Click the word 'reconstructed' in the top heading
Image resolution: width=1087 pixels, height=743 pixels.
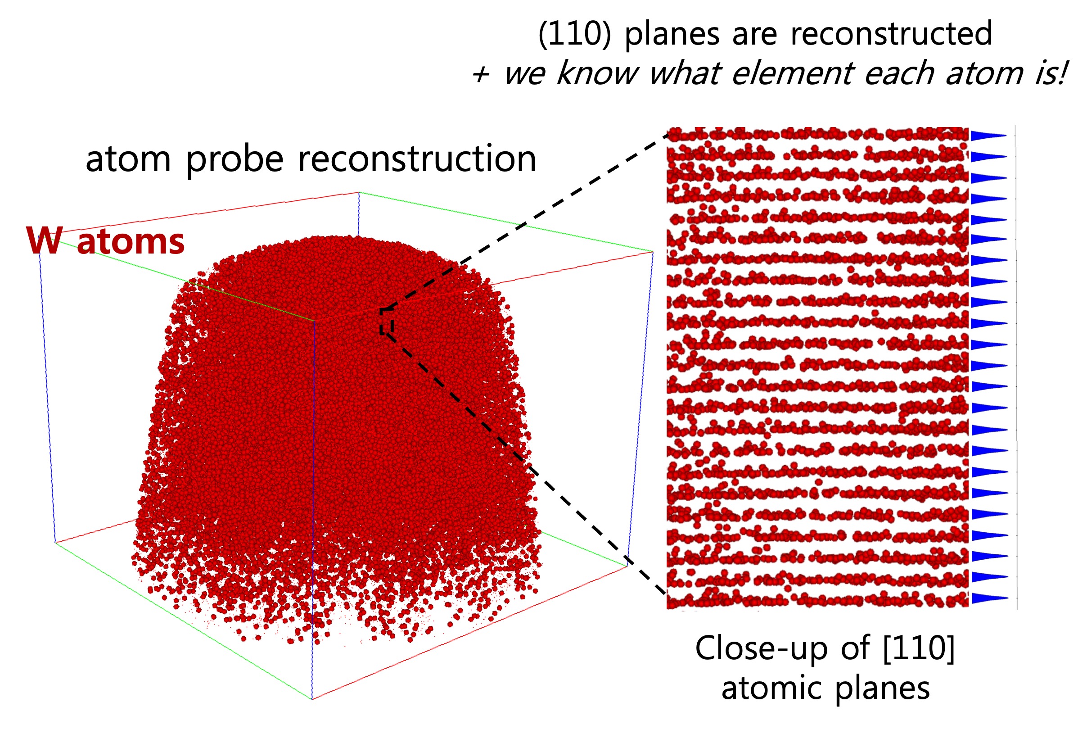point(891,33)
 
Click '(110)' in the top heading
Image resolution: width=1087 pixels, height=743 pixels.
point(574,34)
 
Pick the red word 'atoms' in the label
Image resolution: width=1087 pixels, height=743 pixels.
point(131,242)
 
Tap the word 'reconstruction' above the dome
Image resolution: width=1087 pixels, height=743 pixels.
point(417,159)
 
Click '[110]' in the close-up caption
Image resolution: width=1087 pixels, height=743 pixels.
point(919,649)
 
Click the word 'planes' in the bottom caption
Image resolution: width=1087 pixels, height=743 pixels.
point(882,689)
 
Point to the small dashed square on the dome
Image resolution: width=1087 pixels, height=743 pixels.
point(386,321)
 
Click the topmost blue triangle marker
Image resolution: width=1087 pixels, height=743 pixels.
point(989,136)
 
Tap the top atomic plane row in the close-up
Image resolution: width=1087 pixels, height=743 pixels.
point(817,134)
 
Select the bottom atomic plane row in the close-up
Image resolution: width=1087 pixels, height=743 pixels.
point(817,599)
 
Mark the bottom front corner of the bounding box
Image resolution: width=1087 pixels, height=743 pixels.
point(312,699)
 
